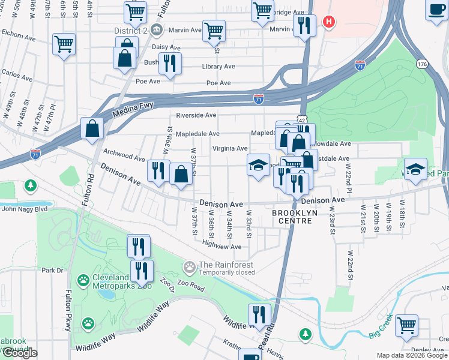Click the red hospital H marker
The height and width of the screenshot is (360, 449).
click(x=328, y=23)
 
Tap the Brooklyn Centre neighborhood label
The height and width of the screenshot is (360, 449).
click(x=292, y=217)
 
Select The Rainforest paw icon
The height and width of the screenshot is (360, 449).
click(x=190, y=265)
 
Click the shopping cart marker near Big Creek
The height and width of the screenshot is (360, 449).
click(x=407, y=326)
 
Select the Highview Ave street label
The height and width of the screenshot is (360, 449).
click(x=221, y=245)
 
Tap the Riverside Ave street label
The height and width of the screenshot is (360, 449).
click(x=196, y=115)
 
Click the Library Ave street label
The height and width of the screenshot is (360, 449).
click(x=218, y=67)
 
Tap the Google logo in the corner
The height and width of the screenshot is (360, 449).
click(x=19, y=353)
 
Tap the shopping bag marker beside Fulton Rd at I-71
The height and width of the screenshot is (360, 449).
click(x=93, y=128)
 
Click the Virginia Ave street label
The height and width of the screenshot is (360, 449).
click(x=230, y=148)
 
